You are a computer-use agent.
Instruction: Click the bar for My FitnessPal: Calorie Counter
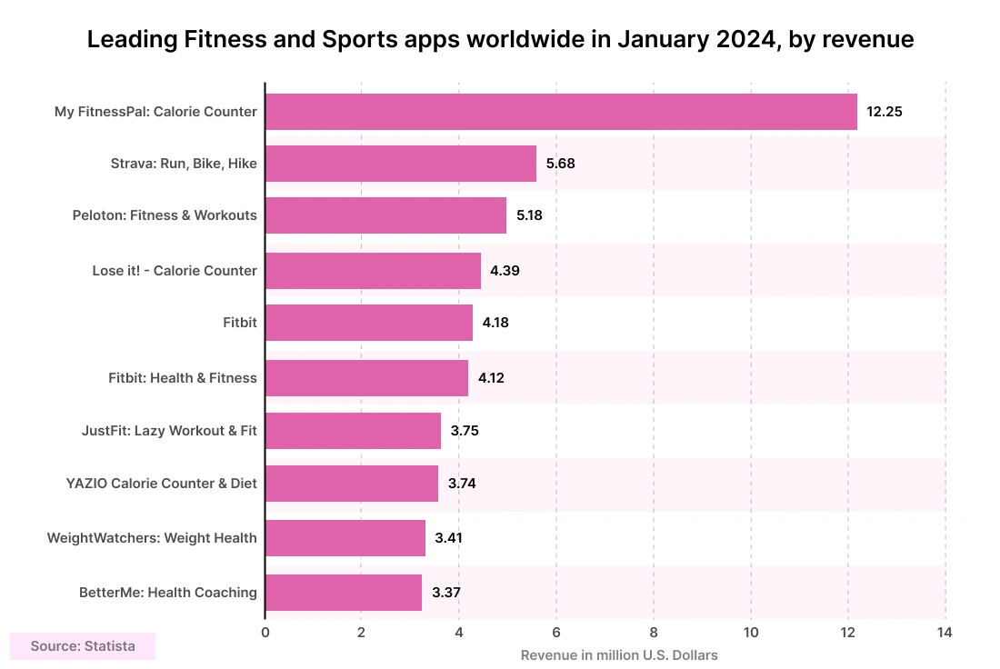click(x=561, y=112)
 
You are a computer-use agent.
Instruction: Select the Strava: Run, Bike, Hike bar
click(x=401, y=164)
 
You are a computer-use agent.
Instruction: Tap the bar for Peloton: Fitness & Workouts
click(x=385, y=216)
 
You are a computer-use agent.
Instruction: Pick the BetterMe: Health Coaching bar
click(x=344, y=593)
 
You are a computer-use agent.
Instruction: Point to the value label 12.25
click(x=885, y=112)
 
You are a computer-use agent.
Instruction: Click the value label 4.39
click(x=505, y=271)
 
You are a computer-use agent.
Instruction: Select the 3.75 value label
click(x=464, y=431)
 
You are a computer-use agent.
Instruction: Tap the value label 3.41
click(x=449, y=538)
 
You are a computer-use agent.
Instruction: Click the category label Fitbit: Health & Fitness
click(x=182, y=378)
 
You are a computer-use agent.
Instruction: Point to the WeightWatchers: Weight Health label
click(x=152, y=538)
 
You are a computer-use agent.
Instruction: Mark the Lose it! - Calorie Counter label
click(x=175, y=271)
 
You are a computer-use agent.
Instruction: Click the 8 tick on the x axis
click(x=654, y=633)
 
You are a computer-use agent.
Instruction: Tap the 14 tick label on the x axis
click(x=945, y=633)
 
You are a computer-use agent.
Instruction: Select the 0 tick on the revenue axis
click(x=265, y=633)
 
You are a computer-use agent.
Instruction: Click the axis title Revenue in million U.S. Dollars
click(x=619, y=655)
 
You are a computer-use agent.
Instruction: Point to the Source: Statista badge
click(x=83, y=646)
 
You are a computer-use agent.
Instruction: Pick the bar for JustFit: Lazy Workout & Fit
click(x=353, y=431)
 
